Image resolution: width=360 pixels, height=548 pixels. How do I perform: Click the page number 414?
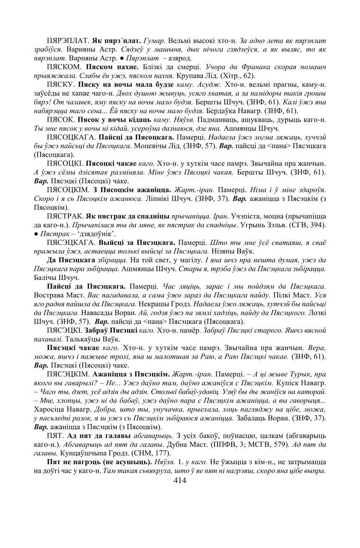click(x=180, y=481)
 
